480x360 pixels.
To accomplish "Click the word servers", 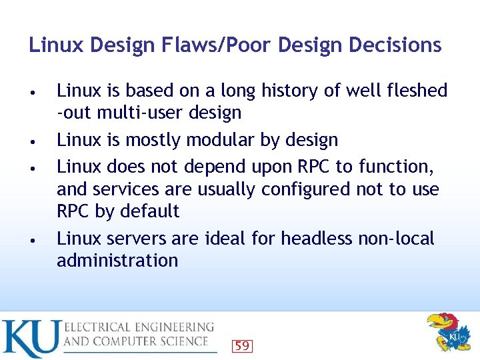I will [141, 238].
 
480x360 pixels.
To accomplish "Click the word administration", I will [117, 260].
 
